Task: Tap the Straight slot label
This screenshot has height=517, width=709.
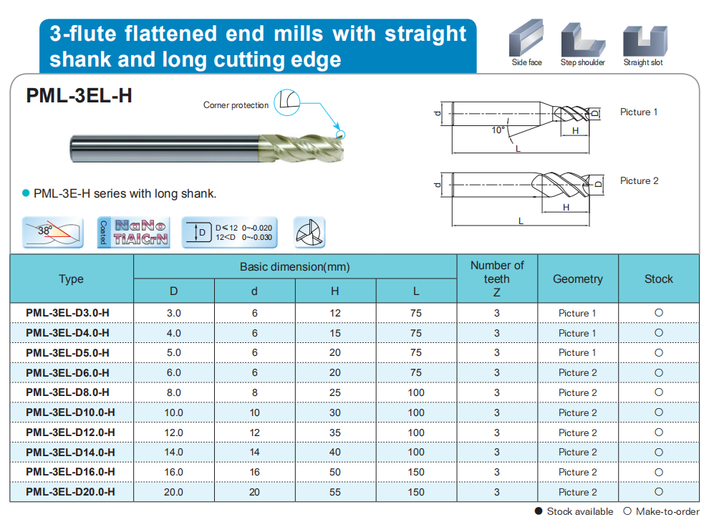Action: click(642, 63)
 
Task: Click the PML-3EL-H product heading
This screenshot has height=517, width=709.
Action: click(79, 96)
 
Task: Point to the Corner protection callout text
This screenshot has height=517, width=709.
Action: click(236, 105)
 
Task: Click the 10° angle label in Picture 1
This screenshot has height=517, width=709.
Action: click(498, 130)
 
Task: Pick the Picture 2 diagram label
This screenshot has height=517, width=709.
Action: click(639, 181)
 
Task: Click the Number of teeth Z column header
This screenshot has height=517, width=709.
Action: click(497, 279)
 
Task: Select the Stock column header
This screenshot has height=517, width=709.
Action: click(658, 279)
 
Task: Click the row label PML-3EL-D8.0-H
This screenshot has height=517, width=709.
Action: click(67, 392)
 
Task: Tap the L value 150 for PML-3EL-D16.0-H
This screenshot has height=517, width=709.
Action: click(416, 472)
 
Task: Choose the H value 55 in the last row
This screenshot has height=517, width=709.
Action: click(335, 492)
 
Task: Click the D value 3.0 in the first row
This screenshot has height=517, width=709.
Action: click(173, 313)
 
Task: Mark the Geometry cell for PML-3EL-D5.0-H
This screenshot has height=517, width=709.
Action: click(577, 353)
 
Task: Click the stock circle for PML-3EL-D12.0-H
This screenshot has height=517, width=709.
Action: click(658, 432)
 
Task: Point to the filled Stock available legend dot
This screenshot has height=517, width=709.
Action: click(539, 511)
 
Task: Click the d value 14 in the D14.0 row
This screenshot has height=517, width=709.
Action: click(254, 452)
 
